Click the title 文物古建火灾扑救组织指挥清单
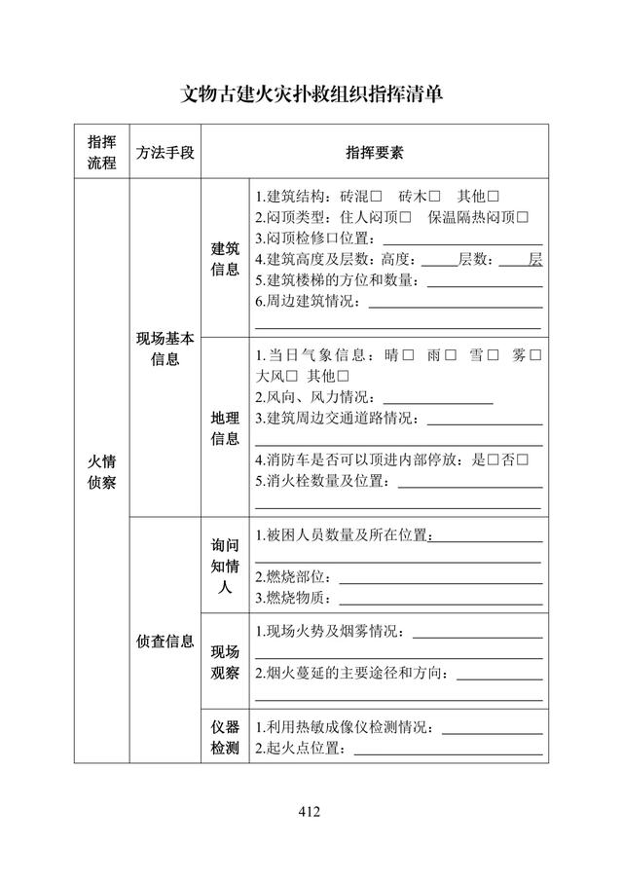coord(311,94)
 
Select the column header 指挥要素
coord(375,152)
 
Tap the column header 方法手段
coord(165,152)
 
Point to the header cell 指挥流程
coord(101,152)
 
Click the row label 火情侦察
coord(101,471)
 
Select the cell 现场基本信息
coord(165,349)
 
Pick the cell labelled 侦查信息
coord(165,641)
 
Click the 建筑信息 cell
coord(225,259)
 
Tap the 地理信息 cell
coord(225,427)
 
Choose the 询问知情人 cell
coord(225,566)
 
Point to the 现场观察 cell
coord(225,662)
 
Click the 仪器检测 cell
coord(225,737)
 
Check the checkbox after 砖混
coord(376,196)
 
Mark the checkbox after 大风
coord(292,376)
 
